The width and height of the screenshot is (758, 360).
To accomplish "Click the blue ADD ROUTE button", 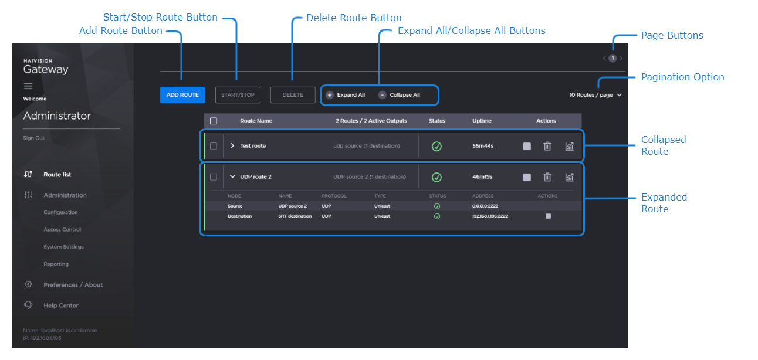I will (182, 95).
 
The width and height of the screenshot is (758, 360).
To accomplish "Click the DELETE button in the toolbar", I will (293, 95).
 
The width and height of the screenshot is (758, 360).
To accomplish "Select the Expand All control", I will (346, 95).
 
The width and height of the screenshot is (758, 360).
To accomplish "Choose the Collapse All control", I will (400, 95).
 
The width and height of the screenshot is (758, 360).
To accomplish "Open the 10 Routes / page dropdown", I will (595, 95).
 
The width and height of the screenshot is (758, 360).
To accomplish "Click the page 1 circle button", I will (613, 58).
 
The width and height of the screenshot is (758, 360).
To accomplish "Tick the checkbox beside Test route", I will (214, 146).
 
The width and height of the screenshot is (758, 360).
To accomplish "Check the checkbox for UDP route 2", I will (214, 176).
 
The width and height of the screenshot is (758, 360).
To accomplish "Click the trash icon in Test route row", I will (547, 146).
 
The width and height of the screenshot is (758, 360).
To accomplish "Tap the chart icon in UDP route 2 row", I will (569, 176).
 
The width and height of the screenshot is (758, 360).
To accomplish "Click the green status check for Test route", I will (436, 146).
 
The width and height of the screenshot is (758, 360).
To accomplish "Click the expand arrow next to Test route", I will (232, 146).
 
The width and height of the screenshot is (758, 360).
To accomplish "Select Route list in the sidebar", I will (57, 175).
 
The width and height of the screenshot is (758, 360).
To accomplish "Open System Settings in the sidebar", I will (63, 247).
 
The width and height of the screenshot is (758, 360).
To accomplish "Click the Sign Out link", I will (33, 138).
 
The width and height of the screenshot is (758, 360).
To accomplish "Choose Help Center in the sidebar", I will (60, 305).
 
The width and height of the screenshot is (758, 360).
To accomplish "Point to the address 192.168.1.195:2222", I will (490, 216).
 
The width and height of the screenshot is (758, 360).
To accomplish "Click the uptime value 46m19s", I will (483, 176).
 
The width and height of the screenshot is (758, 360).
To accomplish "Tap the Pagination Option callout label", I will (682, 77).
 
